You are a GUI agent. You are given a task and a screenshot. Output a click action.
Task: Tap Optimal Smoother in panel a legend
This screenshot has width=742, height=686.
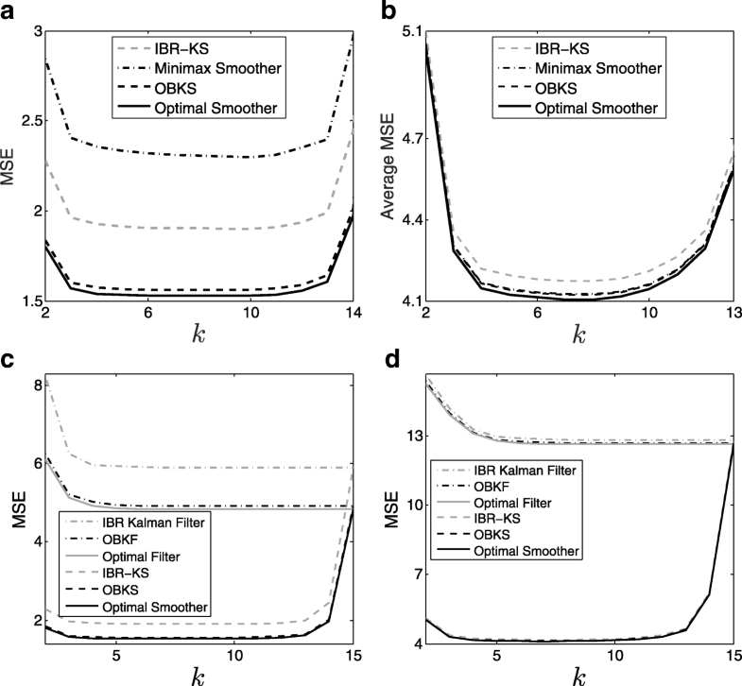[x=216, y=109]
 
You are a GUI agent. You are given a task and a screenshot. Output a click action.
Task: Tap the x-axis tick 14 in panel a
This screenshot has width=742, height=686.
[x=353, y=314]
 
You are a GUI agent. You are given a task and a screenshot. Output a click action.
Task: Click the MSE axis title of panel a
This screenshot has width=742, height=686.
[x=9, y=171]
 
